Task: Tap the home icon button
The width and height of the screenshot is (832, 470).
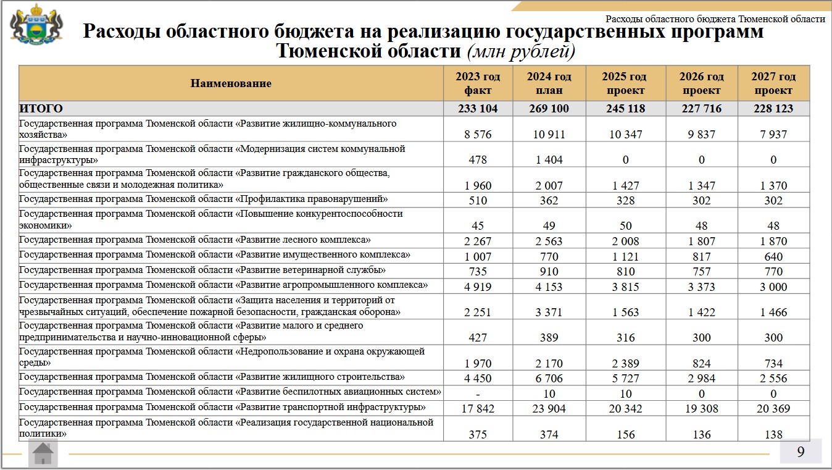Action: click(x=43, y=454)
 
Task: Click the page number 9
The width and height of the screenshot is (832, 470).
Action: click(x=801, y=452)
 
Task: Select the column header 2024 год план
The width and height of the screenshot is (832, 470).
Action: click(x=549, y=83)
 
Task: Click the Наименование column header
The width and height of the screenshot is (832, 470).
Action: click(x=231, y=83)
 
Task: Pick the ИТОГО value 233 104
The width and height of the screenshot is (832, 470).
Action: click(x=478, y=109)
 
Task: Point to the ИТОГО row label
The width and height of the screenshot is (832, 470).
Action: click(x=41, y=109)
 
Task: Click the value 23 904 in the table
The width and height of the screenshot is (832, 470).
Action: click(x=549, y=408)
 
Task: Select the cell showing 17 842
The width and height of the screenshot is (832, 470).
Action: click(x=478, y=408)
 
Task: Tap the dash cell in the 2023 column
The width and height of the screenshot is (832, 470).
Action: click(x=478, y=393)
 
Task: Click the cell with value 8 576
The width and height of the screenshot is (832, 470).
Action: click(x=478, y=134)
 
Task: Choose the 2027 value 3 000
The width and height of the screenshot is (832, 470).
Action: click(x=773, y=286)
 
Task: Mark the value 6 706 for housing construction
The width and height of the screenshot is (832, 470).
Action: click(x=549, y=378)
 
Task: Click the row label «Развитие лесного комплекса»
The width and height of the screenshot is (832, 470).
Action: click(x=195, y=240)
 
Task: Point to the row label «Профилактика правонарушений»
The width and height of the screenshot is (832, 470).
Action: click(x=203, y=199)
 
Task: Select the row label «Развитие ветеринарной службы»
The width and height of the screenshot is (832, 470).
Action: click(x=202, y=270)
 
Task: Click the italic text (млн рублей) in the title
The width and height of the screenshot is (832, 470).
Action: click(x=522, y=51)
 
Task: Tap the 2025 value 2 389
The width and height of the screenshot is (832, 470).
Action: click(x=625, y=363)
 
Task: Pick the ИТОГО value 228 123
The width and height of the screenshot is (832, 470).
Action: click(x=773, y=109)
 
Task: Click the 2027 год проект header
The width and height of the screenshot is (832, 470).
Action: click(x=773, y=83)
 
